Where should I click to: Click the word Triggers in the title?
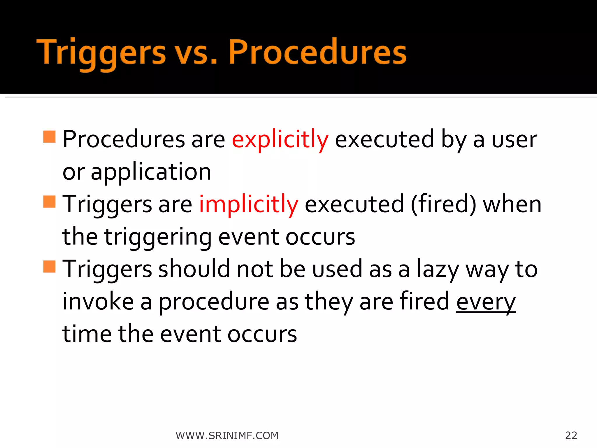[x=101, y=52]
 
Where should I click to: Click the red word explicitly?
[x=280, y=139]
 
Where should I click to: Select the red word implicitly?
[x=249, y=204]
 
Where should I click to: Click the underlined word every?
[x=486, y=302]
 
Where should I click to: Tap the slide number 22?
[x=571, y=435]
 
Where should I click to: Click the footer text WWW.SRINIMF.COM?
[x=227, y=435]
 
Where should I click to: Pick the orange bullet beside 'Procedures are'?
[x=49, y=136]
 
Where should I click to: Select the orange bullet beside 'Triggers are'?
[x=49, y=202]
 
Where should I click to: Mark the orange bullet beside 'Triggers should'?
[x=49, y=266]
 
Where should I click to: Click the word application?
[x=151, y=172]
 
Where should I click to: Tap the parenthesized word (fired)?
[x=443, y=204]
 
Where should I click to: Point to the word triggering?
[x=158, y=237]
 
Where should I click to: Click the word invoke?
[x=98, y=302]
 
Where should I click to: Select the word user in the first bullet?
[x=514, y=139]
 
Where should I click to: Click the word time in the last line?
[x=87, y=334]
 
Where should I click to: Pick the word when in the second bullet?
[x=512, y=204]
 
